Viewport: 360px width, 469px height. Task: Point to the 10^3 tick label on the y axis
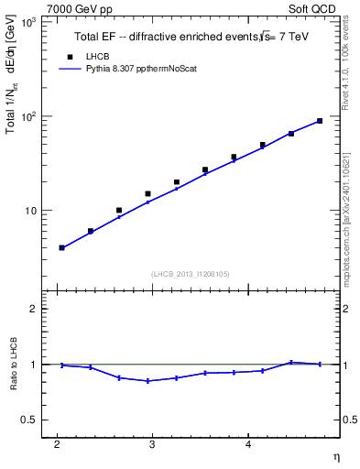tap(27, 21)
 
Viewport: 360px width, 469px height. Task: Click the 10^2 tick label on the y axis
tap(27, 116)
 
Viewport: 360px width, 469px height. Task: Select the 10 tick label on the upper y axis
tap(29, 211)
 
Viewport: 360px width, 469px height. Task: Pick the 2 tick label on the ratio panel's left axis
tap(34, 309)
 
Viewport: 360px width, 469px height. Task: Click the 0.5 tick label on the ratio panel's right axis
tap(345, 420)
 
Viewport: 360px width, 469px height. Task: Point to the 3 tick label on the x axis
tap(153, 444)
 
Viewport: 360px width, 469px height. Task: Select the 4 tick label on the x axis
tap(248, 444)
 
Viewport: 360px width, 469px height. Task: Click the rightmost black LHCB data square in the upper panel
tap(320, 121)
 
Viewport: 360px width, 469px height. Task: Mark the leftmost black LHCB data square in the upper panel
tap(62, 247)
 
